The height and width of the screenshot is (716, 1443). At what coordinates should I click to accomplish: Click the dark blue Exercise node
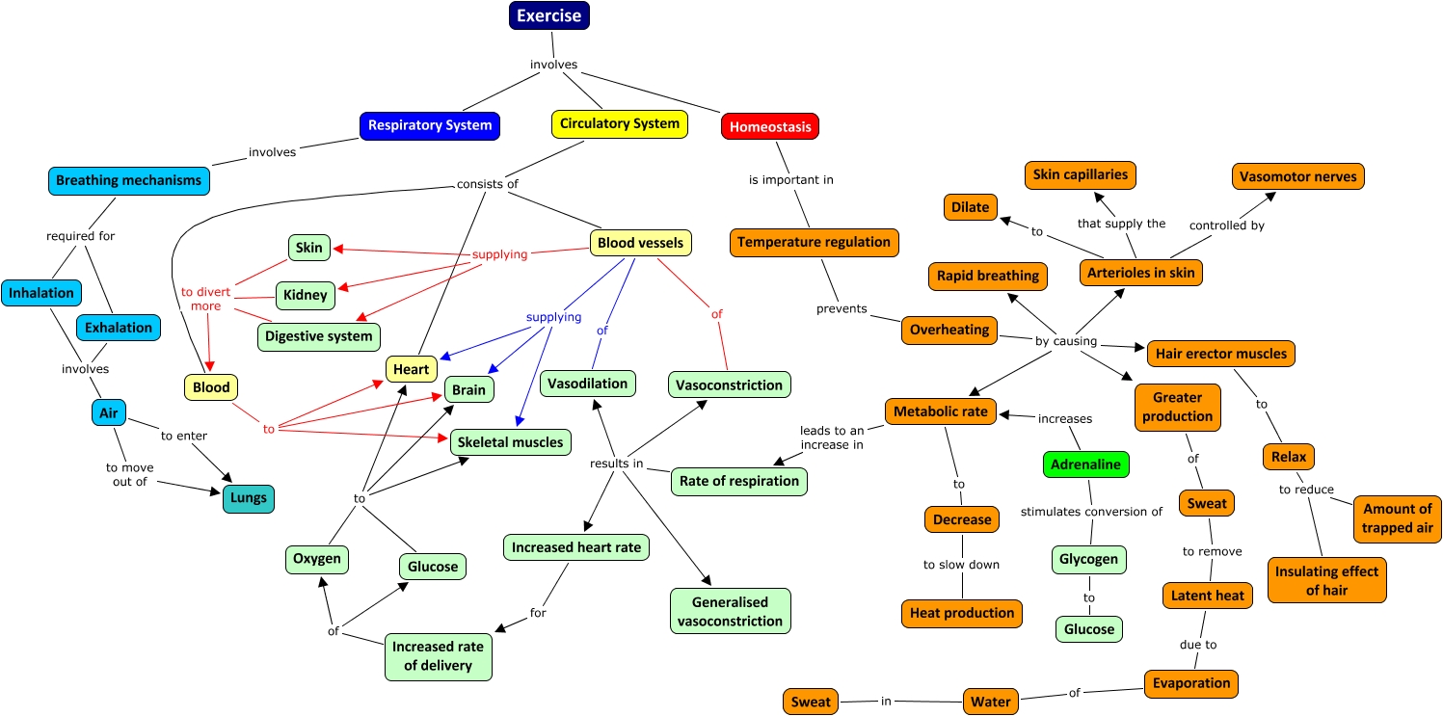pyautogui.click(x=548, y=15)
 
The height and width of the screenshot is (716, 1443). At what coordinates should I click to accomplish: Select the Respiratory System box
pyautogui.click(x=430, y=125)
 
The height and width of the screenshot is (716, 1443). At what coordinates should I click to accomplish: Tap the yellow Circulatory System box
pyautogui.click(x=620, y=123)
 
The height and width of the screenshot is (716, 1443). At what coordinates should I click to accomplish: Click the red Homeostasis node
pyautogui.click(x=770, y=126)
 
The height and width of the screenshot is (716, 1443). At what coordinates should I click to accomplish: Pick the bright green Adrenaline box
pyautogui.click(x=1085, y=464)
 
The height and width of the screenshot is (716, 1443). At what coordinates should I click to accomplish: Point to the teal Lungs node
pyautogui.click(x=248, y=498)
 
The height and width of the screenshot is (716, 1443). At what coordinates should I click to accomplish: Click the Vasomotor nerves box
pyautogui.click(x=1297, y=176)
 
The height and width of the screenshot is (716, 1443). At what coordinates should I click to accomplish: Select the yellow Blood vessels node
pyautogui.click(x=640, y=243)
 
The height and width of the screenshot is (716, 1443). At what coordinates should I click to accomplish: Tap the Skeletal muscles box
pyautogui.click(x=511, y=442)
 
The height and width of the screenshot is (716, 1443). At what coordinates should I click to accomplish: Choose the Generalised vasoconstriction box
pyautogui.click(x=730, y=611)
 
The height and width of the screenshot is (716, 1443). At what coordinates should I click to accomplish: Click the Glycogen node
pyautogui.click(x=1088, y=559)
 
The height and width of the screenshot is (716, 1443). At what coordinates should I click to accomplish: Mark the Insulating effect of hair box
pyautogui.click(x=1326, y=580)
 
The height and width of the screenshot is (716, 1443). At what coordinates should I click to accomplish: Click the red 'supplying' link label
pyautogui.click(x=499, y=254)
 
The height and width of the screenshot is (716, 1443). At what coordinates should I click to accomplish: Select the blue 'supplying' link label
pyautogui.click(x=553, y=317)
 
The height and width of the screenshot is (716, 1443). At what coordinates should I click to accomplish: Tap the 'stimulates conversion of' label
pyautogui.click(x=1091, y=512)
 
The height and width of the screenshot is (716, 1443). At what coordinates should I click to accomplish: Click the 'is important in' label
pyautogui.click(x=791, y=179)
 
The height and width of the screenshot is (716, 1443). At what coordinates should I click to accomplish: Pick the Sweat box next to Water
pyautogui.click(x=810, y=702)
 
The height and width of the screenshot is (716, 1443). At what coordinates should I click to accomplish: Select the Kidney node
pyautogui.click(x=306, y=295)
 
